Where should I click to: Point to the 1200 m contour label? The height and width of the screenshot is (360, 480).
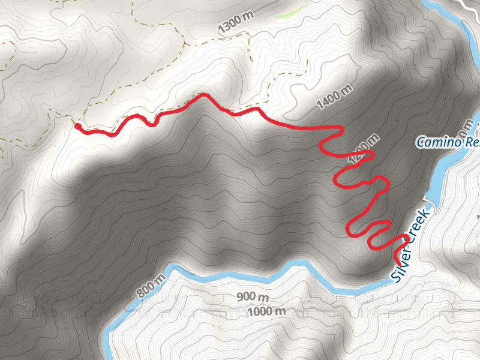(363, 148)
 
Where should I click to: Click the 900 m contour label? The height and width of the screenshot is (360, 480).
(254, 297)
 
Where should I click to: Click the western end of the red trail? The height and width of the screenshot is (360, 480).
(77, 126)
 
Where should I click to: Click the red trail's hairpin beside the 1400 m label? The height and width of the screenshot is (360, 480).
(340, 128)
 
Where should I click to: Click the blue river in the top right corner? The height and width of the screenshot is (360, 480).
(456, 18)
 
